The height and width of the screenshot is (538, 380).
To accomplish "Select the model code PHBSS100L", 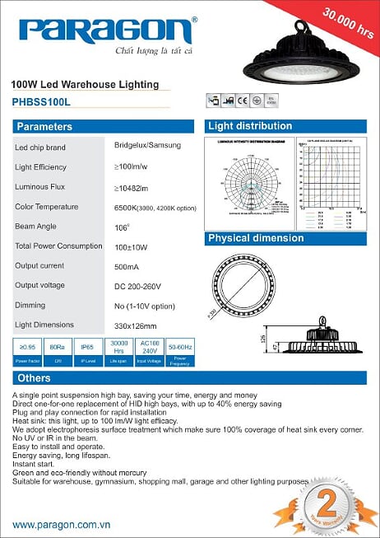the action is click(42, 103).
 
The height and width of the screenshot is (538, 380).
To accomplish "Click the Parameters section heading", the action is click(44, 127).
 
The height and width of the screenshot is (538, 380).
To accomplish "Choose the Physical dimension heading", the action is click(256, 238).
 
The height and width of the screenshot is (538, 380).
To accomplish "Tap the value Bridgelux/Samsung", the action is click(147, 145).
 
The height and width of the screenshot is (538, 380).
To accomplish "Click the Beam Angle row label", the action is click(38, 226).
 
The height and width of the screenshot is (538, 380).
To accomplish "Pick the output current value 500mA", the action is click(127, 266).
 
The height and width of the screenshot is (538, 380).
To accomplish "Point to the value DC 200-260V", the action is click(138, 286).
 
